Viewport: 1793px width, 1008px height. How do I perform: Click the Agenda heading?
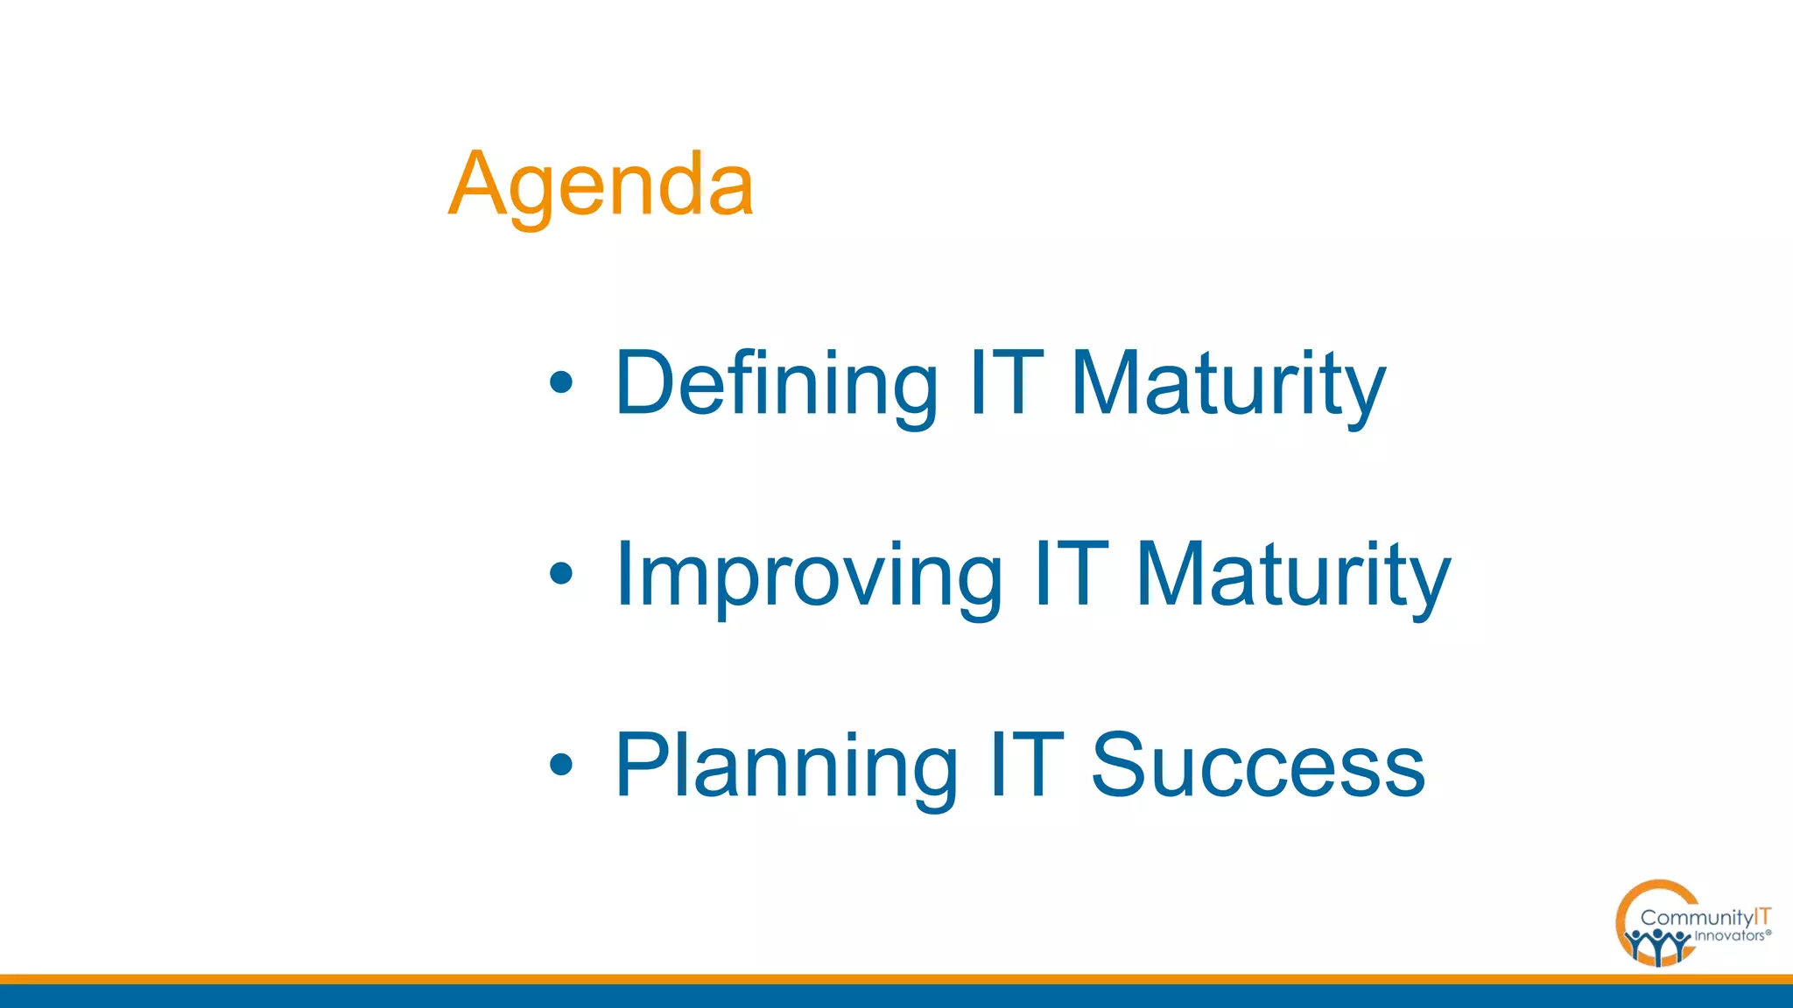click(601, 185)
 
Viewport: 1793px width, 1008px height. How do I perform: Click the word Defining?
click(776, 383)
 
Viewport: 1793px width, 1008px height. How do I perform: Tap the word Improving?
click(808, 575)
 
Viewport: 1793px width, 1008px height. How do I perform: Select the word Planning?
click(785, 766)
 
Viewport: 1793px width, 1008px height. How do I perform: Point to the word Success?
click(1257, 766)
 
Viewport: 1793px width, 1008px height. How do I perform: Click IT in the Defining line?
click(1006, 383)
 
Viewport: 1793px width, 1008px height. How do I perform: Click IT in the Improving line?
click(1070, 575)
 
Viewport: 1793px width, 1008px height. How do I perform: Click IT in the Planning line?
click(1026, 766)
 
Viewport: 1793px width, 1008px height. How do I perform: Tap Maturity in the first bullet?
click(1227, 383)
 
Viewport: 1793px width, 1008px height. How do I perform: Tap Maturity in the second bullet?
click(1292, 575)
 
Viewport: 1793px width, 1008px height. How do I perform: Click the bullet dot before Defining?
click(560, 382)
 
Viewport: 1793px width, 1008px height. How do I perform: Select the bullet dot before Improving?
click(560, 574)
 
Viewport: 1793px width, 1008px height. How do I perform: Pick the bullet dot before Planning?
click(560, 765)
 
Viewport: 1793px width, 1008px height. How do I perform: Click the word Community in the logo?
click(1696, 918)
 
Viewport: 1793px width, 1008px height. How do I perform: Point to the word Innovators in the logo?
click(1729, 936)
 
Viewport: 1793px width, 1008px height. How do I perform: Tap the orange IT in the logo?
click(1762, 916)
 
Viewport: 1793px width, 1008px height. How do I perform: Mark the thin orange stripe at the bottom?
click(896, 979)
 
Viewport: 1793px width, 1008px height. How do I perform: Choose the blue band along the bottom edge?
click(896, 997)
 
